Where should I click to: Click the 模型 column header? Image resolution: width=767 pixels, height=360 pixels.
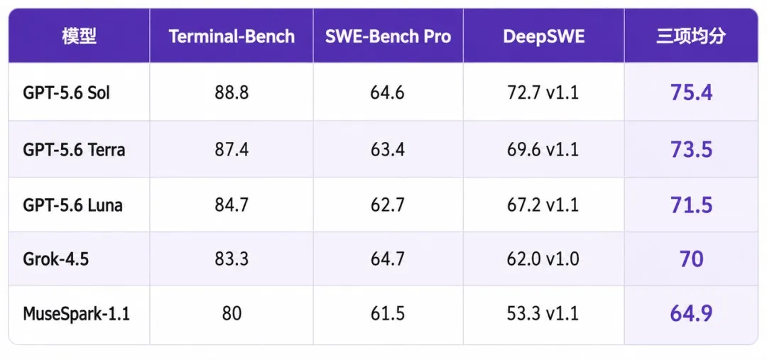(x=80, y=37)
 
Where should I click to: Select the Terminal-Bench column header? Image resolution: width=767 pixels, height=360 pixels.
(x=232, y=37)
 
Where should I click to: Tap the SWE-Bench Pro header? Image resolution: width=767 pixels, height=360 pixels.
(x=388, y=37)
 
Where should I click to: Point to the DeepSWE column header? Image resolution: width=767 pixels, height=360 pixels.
(x=543, y=37)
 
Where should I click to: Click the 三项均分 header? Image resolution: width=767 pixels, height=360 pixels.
(x=691, y=37)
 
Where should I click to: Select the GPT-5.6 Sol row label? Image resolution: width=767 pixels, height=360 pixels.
(x=67, y=92)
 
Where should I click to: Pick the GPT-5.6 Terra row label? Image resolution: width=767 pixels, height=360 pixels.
(x=74, y=149)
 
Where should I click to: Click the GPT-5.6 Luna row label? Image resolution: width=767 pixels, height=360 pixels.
(x=72, y=205)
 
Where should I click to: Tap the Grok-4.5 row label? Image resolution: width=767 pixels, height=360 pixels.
(x=56, y=259)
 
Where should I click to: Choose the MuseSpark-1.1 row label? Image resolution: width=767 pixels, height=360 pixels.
(x=76, y=314)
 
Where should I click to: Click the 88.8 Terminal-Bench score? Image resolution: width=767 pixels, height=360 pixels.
(x=232, y=92)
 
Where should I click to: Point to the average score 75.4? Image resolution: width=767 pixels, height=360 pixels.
(x=691, y=92)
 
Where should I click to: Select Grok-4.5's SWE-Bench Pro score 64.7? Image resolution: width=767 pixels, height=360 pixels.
(x=388, y=259)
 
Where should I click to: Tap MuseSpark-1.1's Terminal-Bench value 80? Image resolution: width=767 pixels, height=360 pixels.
(x=232, y=314)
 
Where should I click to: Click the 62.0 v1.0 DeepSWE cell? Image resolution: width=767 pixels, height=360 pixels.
(x=543, y=259)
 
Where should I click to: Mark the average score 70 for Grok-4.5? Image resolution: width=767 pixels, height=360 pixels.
(x=691, y=259)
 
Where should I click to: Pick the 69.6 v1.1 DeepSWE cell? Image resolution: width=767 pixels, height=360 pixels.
(x=543, y=149)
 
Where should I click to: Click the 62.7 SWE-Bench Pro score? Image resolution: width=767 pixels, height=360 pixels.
(x=388, y=205)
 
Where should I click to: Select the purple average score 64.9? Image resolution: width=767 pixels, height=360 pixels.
(x=691, y=314)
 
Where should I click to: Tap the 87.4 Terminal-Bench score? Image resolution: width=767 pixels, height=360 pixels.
(x=232, y=149)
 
